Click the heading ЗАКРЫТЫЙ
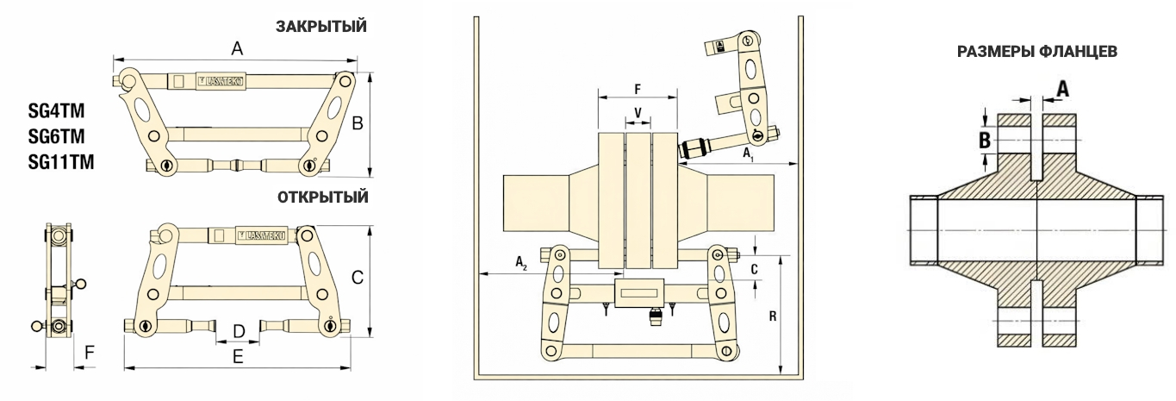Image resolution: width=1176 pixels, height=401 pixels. tap(321, 27)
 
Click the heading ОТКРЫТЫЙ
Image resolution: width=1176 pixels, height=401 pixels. tap(322, 197)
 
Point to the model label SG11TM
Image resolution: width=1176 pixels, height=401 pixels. tap(61, 160)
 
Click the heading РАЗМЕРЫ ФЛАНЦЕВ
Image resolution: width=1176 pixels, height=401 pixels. tap(1037, 53)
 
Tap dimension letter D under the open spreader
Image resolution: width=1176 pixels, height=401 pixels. tap(240, 330)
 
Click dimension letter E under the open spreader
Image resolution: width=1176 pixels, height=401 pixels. tap(239, 355)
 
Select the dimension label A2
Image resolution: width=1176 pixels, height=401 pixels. tap(522, 260)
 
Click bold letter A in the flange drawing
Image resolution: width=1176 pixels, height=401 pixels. tap(1063, 88)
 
